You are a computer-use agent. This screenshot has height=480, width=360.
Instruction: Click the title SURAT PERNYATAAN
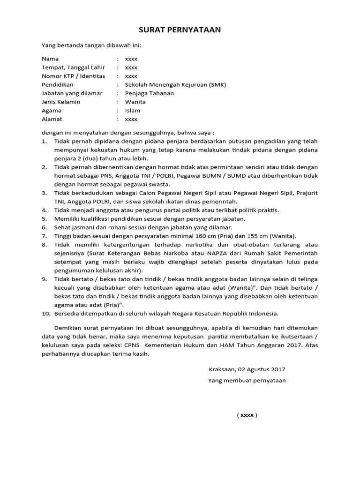click(180, 30)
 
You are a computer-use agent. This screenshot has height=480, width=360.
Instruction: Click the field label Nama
click(50, 59)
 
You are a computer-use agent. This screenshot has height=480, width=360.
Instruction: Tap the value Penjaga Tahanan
click(149, 93)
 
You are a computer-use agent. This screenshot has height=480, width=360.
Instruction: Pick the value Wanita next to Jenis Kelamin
click(135, 102)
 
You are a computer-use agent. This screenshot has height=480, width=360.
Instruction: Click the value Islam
click(132, 111)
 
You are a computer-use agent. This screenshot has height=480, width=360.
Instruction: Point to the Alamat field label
click(52, 119)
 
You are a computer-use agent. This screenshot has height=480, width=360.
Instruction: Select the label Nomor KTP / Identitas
click(74, 76)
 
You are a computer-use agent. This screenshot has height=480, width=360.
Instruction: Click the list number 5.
click(45, 218)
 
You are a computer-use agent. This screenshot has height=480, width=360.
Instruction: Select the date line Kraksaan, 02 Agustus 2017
click(247, 369)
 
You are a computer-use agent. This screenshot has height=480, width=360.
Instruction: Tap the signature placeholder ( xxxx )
click(247, 415)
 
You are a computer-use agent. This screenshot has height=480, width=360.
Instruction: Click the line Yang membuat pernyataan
click(247, 380)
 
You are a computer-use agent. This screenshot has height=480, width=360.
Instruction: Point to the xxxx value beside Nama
click(131, 59)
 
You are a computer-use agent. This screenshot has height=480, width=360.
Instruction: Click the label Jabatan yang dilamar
click(72, 93)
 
